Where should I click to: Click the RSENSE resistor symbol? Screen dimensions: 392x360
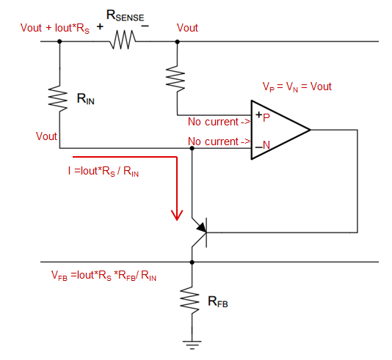[x=123, y=40]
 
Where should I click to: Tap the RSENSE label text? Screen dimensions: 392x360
[x=126, y=16]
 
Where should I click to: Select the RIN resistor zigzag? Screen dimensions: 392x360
[x=58, y=98]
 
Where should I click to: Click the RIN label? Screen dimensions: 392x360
[x=86, y=99]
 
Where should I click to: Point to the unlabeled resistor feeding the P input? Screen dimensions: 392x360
[x=175, y=78]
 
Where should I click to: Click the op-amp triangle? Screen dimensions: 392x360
[x=280, y=130]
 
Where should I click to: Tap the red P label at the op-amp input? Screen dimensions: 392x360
[x=266, y=117]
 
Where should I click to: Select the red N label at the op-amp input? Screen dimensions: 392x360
[x=266, y=145]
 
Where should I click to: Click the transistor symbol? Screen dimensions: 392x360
[x=200, y=232]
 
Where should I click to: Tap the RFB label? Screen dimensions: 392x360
[x=218, y=301]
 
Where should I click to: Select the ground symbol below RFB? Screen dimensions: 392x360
[x=192, y=345]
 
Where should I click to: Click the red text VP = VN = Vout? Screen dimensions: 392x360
[x=297, y=87]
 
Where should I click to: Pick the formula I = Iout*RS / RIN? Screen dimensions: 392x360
[x=104, y=172]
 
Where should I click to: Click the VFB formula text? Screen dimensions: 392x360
[x=104, y=276]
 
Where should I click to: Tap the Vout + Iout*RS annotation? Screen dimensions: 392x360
[x=55, y=28]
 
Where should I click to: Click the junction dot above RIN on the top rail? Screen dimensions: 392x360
[x=59, y=42]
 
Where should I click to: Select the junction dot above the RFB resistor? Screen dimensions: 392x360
[x=192, y=262]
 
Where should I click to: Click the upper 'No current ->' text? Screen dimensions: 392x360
[x=219, y=122]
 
